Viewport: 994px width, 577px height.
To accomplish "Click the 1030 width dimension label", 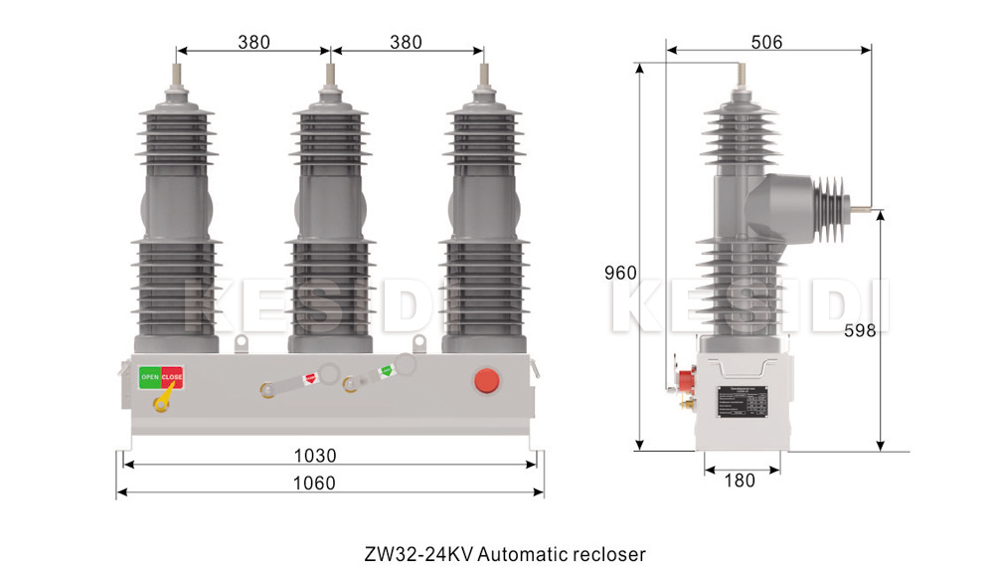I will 315,456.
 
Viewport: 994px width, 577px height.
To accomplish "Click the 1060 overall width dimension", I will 315,482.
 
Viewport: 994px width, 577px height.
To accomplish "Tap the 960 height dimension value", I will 620,273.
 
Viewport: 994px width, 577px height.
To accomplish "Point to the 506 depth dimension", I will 766,42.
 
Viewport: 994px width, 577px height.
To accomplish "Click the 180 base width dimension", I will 739,480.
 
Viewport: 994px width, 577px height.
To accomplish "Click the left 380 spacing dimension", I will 254,42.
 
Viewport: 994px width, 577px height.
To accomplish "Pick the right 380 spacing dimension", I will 406,42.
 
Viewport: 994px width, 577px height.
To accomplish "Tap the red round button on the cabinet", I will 486,379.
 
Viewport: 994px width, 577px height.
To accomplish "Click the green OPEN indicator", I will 149,377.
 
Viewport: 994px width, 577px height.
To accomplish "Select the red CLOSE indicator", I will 172,377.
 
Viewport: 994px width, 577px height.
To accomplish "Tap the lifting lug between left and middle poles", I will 242,342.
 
